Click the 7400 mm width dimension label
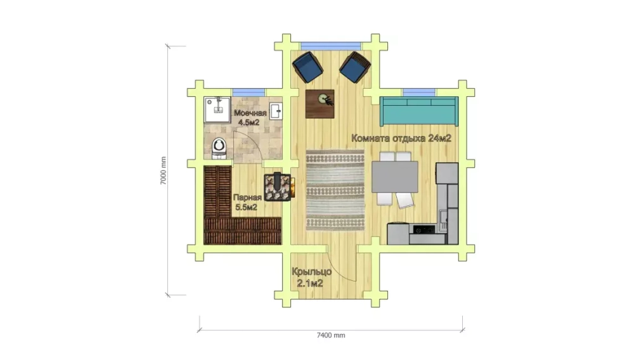(331, 335)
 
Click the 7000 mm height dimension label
(163, 170)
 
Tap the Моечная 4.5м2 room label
(249, 117)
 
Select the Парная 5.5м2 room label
(247, 202)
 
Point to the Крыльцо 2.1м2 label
(311, 277)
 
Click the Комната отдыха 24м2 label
(401, 138)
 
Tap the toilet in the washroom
(219, 148)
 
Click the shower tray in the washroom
(217, 110)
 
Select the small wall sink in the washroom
(276, 110)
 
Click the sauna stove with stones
(278, 187)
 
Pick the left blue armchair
(307, 67)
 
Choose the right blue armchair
(355, 67)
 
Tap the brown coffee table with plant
(320, 104)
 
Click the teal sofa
(419, 111)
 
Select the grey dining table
(394, 177)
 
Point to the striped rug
(335, 190)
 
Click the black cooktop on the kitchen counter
(424, 229)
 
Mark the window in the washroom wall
(249, 93)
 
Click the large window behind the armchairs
(331, 46)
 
